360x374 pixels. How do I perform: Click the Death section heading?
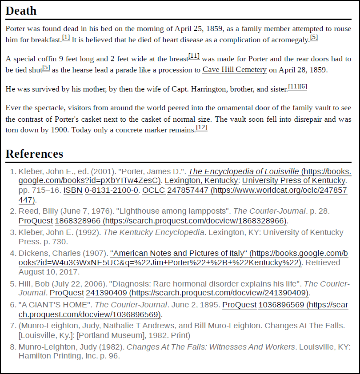pos(21,11)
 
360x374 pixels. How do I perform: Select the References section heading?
pos(34,154)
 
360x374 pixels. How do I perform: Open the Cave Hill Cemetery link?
pos(234,70)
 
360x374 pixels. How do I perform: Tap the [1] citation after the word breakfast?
pos(66,37)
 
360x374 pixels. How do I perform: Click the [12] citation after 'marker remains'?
pos(202,127)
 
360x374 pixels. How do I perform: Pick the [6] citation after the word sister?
pos(303,86)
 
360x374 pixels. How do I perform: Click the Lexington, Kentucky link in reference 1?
pos(201,181)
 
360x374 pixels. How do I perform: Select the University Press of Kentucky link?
pos(293,181)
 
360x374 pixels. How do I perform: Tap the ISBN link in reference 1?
pos(70,190)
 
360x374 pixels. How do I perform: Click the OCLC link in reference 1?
pos(153,190)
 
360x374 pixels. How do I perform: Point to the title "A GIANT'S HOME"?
pos(55,305)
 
